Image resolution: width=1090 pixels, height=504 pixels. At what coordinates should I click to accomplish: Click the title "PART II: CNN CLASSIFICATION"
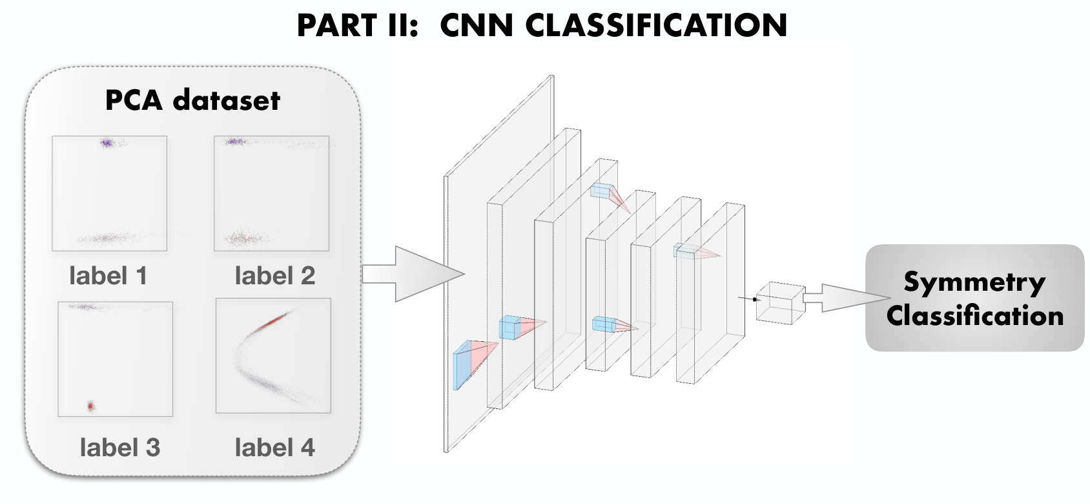(542, 25)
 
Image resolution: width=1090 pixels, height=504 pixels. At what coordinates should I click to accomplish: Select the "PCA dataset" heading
(192, 100)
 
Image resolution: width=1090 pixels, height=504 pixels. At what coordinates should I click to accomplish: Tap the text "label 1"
(108, 276)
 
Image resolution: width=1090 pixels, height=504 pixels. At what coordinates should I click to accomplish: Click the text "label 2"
(275, 276)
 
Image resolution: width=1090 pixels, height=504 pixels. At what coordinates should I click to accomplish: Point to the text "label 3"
(119, 447)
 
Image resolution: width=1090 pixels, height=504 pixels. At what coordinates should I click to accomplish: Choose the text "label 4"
(275, 447)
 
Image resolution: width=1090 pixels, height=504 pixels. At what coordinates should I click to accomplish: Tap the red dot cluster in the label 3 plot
(90, 406)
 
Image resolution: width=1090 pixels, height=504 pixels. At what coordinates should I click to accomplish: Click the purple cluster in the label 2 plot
(235, 142)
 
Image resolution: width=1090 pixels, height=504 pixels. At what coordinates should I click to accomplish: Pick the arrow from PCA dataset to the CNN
(414, 274)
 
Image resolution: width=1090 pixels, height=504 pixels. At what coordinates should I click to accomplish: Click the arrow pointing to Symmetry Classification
(847, 297)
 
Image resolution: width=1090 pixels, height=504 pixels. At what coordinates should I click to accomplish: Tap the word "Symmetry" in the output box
(974, 283)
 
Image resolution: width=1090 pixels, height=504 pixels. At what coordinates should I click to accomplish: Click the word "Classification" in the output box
(974, 315)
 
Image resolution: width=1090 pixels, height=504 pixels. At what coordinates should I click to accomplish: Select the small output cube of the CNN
(781, 303)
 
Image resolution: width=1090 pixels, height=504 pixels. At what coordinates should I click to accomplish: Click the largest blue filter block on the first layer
(463, 365)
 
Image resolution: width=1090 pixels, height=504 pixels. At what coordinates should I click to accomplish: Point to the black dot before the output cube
(755, 299)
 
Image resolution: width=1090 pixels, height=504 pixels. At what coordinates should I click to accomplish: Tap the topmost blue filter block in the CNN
(600, 191)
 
